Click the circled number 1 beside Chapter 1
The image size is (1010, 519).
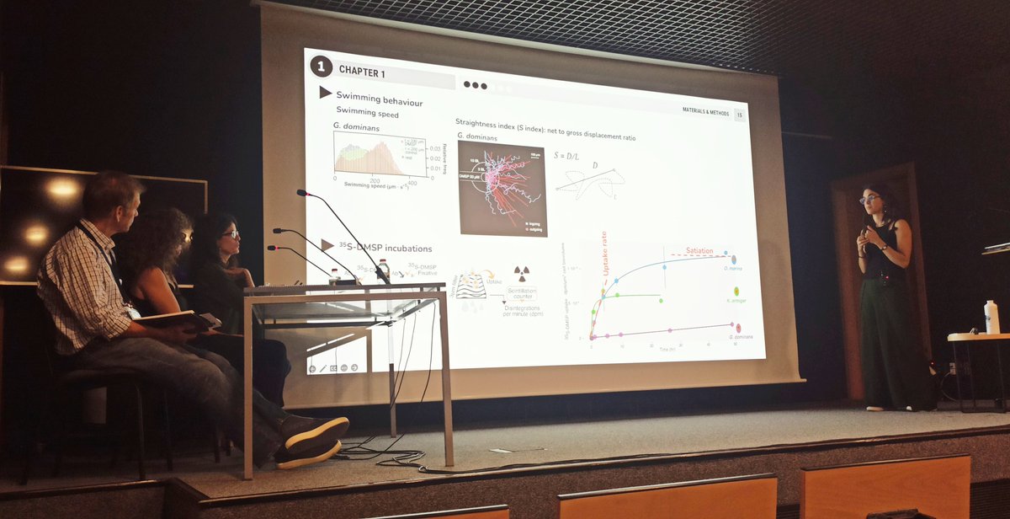click(x=321, y=66)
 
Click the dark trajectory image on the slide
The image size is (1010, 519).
click(x=502, y=188)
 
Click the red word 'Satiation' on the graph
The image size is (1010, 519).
click(x=699, y=250)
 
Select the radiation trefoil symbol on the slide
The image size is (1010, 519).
click(x=522, y=275)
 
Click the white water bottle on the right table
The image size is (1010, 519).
click(x=991, y=318)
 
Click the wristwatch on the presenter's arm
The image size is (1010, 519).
click(x=883, y=247)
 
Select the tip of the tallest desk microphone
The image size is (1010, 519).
click(x=300, y=193)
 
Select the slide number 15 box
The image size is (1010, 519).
click(x=739, y=115)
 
